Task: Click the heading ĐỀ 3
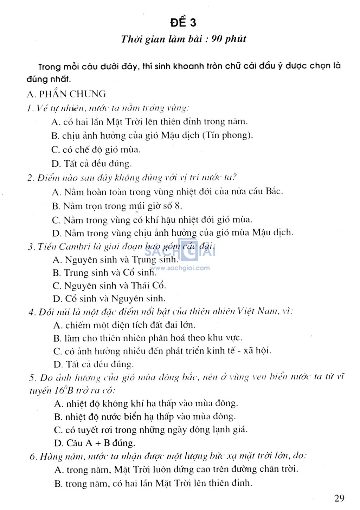point(183,23)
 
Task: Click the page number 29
point(339,498)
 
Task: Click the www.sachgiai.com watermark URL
point(180,268)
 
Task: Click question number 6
point(33,457)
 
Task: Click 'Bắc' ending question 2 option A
point(274,192)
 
